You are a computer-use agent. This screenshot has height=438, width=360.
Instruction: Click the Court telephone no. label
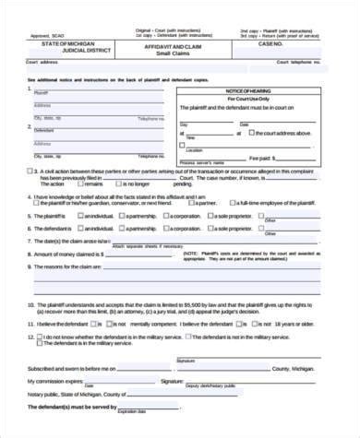[x=300, y=65]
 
